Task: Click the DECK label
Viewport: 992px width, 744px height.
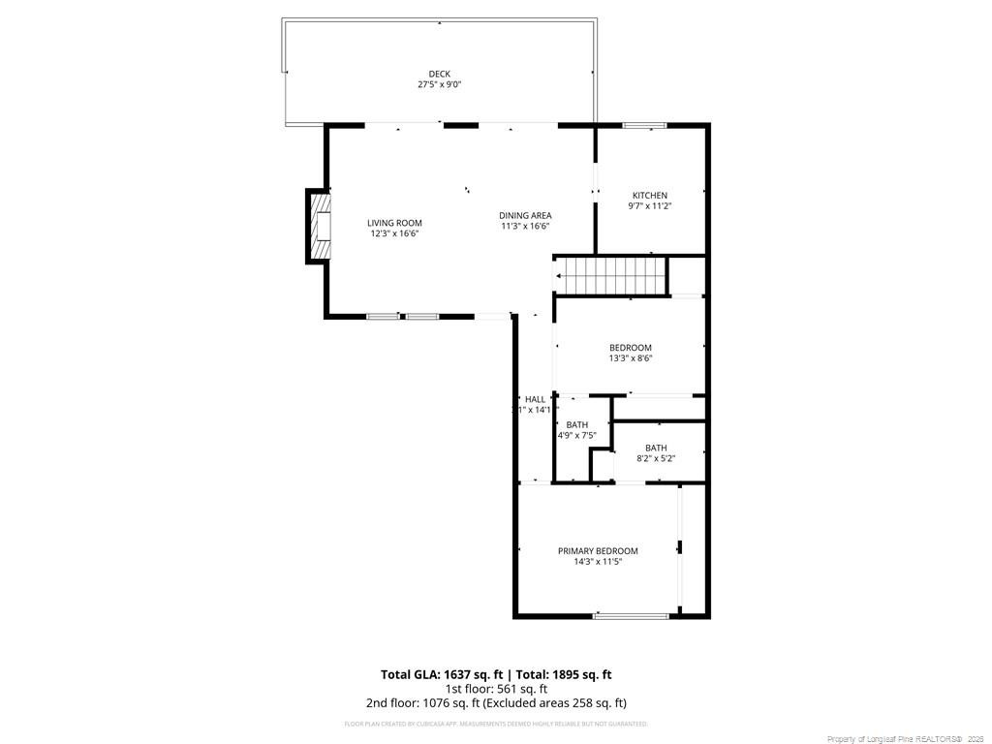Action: (440, 74)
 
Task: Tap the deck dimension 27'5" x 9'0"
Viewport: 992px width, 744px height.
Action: (440, 85)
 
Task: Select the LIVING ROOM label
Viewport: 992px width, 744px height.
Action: (394, 223)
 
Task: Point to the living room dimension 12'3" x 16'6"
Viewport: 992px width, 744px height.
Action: (394, 233)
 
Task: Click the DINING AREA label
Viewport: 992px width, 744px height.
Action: (525, 215)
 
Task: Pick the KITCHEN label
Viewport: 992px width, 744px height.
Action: (650, 195)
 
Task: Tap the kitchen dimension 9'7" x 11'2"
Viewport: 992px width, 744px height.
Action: (650, 205)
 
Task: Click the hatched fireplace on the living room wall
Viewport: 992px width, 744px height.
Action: (319, 225)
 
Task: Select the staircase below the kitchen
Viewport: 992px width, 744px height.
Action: (612, 275)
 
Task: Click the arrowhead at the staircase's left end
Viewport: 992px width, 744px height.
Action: (559, 275)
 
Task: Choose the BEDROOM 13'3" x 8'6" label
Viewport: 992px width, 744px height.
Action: (630, 348)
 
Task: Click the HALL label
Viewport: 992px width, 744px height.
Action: (535, 399)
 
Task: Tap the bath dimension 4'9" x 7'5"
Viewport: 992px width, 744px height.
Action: (576, 435)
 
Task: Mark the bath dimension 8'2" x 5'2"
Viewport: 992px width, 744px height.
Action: (656, 458)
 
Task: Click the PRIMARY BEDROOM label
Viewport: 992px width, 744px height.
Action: (598, 550)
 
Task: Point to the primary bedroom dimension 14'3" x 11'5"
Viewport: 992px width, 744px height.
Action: (598, 561)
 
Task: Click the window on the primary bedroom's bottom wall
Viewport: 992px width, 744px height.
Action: (631, 615)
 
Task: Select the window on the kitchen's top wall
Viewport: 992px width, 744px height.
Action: (643, 124)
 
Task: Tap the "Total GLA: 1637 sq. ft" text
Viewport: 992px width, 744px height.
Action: (440, 674)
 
